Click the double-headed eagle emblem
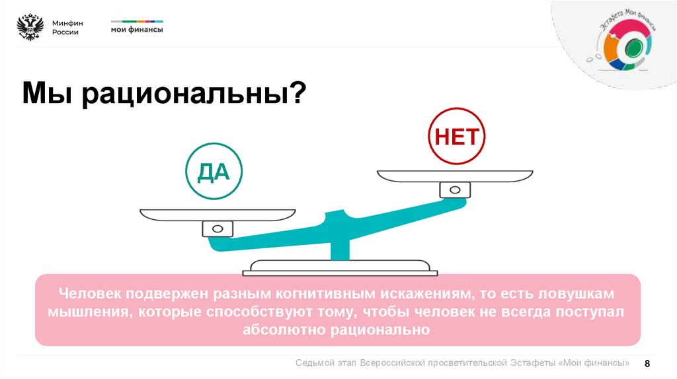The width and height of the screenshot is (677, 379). tap(30, 28)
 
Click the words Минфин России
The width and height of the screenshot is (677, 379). tap(65, 28)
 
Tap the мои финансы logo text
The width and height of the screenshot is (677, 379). tap(137, 29)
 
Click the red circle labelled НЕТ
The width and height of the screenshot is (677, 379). tap(456, 137)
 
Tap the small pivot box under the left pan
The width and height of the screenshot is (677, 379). tap(218, 229)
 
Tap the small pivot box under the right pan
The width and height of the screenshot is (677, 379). tap(455, 190)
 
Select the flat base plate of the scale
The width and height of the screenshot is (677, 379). tap(340, 268)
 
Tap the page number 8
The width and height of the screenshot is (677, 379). tap(647, 364)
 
